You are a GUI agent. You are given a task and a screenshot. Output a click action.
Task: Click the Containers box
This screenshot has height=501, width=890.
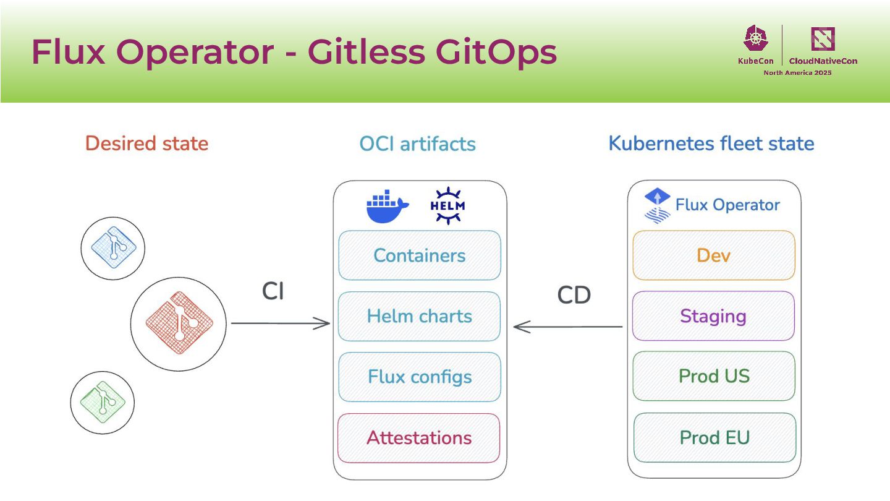click(420, 255)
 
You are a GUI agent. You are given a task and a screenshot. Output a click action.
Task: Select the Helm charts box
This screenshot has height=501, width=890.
click(419, 316)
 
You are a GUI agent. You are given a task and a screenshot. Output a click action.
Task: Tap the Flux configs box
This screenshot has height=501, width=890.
click(419, 377)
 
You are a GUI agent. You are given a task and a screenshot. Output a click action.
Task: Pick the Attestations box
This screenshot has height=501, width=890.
click(419, 437)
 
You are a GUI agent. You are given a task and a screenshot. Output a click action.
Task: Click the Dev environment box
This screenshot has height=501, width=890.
click(714, 255)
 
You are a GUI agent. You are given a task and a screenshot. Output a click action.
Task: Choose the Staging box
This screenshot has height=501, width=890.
click(713, 316)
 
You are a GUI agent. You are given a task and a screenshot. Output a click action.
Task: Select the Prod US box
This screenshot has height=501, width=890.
click(714, 376)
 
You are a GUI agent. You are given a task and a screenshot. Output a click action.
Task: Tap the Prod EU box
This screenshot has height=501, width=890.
click(714, 437)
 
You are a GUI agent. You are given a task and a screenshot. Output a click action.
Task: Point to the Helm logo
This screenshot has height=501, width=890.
click(447, 206)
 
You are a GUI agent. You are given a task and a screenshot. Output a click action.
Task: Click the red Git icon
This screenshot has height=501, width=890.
click(179, 322)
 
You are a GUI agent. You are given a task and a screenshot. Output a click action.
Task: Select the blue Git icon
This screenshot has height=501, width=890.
click(113, 248)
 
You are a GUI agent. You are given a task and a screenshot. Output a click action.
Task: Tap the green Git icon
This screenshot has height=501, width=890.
click(103, 402)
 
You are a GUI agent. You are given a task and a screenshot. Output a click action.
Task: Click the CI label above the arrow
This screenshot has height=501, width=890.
click(273, 291)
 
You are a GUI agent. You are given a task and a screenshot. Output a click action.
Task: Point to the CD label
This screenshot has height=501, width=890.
click(574, 295)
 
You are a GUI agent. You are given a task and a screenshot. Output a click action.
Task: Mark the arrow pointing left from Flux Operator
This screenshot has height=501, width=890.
click(567, 327)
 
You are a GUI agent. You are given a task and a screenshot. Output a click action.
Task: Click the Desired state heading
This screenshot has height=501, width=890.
click(146, 143)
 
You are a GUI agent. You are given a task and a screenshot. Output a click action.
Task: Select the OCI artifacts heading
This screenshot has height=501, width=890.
click(418, 144)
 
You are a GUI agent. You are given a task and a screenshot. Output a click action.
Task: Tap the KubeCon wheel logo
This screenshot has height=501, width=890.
click(755, 39)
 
